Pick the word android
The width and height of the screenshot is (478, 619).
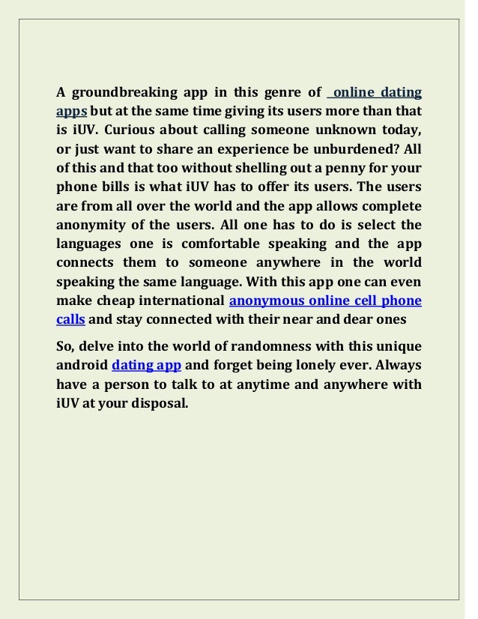[82, 366]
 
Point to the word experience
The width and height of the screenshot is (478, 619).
[276, 148]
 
